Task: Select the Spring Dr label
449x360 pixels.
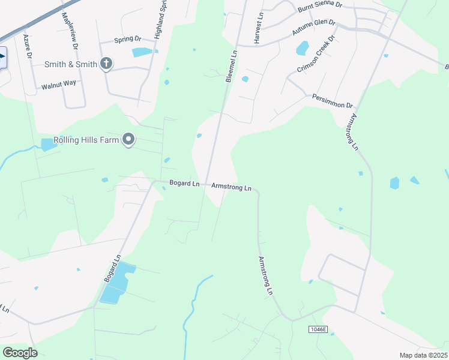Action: tap(127, 41)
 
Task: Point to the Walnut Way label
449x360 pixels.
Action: tap(59, 85)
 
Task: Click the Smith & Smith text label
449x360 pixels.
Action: tap(71, 64)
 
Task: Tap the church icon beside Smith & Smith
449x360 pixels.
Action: tap(106, 64)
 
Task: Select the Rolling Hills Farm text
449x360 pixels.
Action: tap(86, 140)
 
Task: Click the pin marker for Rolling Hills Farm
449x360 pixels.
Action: tap(128, 140)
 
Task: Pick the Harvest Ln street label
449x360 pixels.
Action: tap(259, 29)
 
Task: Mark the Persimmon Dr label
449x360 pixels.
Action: tap(331, 100)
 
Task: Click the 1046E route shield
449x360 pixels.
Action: tap(318, 329)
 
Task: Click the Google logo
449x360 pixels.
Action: tap(20, 352)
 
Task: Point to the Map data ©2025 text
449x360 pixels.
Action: tap(423, 355)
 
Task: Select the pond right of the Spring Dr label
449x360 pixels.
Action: tap(143, 52)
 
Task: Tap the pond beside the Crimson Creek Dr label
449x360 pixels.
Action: tap(302, 48)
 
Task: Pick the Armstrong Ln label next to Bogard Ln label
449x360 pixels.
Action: tap(231, 187)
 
